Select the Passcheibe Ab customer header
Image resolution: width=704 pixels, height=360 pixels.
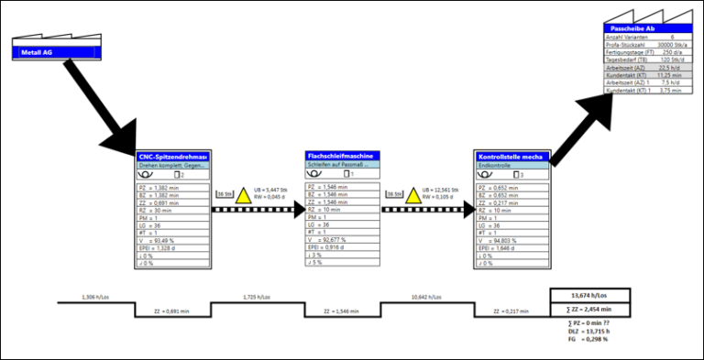641,29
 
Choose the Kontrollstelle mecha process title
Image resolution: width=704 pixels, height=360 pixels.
511,158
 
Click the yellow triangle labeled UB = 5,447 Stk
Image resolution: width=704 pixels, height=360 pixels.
243,195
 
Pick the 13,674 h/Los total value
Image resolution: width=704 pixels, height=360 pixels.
591,297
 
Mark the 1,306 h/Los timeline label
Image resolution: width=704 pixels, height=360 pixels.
95,297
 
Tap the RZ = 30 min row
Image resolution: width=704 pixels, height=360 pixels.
154,210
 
